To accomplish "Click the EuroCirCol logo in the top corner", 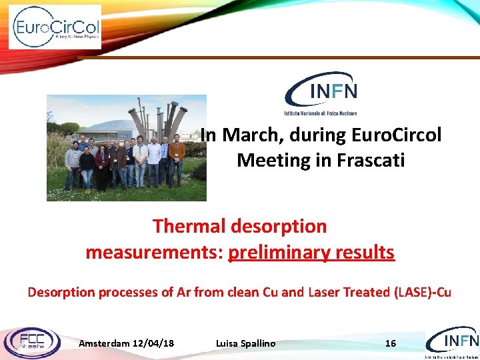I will [56, 27].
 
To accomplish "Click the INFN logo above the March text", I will [321, 93].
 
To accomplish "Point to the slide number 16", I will [391, 343].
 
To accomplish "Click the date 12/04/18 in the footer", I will [154, 343].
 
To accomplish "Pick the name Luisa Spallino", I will [245, 343].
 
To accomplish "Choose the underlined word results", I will [366, 253].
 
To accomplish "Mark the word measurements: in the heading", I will [154, 253].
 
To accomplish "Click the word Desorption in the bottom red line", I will [60, 292].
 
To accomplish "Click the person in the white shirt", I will [154, 160].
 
